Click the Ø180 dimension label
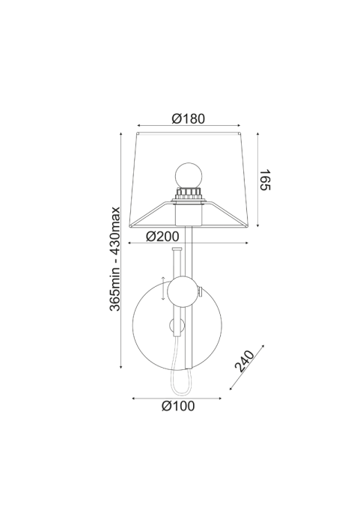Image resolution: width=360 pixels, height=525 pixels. (x=188, y=118)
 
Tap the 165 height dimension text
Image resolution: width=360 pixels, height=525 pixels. (x=265, y=180)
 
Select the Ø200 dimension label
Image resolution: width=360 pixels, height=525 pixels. (x=162, y=237)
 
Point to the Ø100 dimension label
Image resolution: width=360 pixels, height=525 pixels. (x=178, y=406)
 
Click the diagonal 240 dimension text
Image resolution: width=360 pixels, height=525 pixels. (x=244, y=361)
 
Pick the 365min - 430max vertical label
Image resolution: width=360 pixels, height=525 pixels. (x=115, y=259)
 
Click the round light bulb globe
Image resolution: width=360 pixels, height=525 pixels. (x=189, y=175)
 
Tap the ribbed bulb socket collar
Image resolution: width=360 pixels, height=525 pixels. (x=189, y=193)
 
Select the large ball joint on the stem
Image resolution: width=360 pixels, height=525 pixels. (x=181, y=292)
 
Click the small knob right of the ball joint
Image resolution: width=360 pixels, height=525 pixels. (x=200, y=292)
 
